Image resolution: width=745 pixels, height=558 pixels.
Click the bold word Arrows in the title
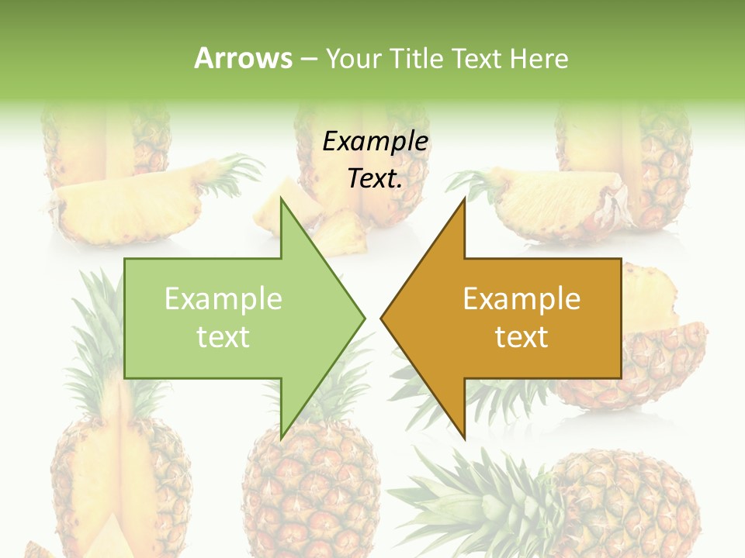[243, 58]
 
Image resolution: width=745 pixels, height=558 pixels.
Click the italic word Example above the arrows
[375, 142]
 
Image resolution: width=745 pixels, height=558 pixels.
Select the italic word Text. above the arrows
[375, 179]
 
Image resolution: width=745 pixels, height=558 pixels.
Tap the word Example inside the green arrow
[223, 299]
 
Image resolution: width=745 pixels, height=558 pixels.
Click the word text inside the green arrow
[223, 337]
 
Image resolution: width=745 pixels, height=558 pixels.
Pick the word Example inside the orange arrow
[521, 299]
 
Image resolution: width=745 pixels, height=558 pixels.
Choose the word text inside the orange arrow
[521, 337]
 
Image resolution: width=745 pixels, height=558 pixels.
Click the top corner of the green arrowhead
[282, 200]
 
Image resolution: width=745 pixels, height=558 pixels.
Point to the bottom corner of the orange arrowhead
[464, 437]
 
